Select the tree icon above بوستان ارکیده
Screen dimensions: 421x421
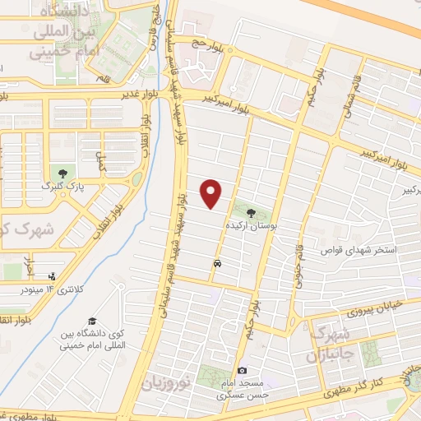pyautogui.click(x=252, y=211)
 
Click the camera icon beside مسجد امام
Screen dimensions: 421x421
pyautogui.click(x=241, y=371)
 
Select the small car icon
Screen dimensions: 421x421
pyautogui.click(x=217, y=264)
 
